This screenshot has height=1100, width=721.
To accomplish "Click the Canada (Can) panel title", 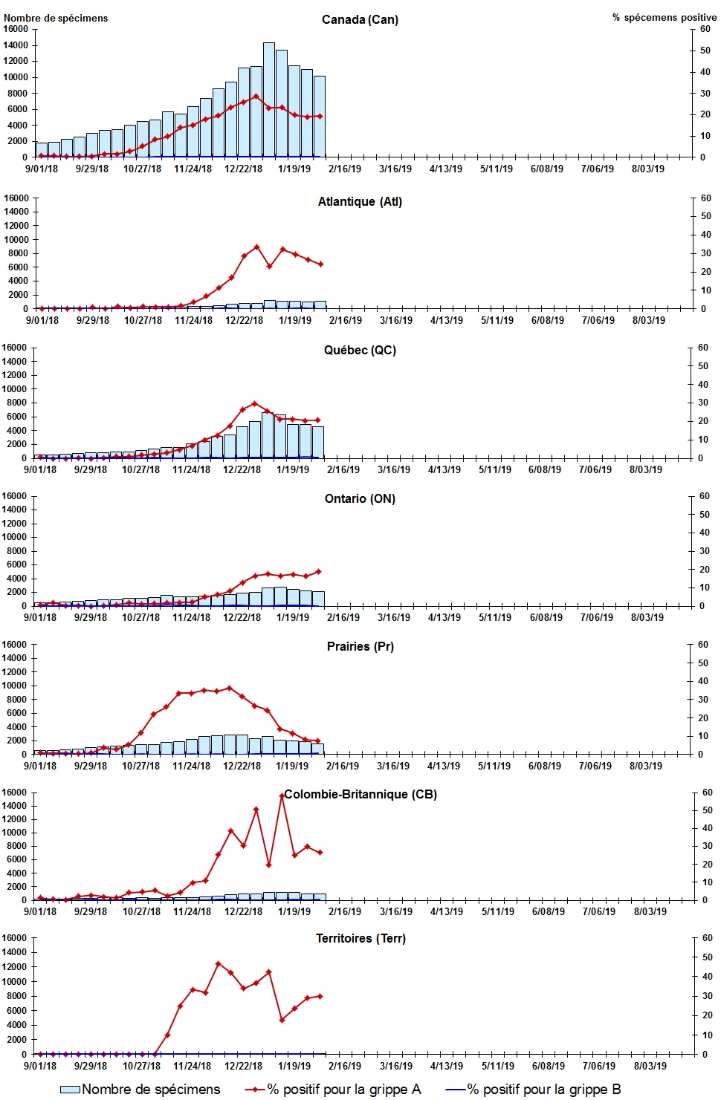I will pos(360,19).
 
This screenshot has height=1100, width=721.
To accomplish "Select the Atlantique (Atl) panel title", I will pos(360,201).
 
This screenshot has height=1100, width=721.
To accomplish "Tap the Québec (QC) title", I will pos(360,350).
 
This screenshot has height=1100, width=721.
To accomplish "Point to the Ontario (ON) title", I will pos(360,498).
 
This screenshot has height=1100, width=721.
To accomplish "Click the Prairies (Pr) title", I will pos(360,646).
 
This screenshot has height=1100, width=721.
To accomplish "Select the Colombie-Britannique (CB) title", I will pos(360,794).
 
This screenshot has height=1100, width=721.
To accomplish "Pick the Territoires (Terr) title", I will pos(360,938).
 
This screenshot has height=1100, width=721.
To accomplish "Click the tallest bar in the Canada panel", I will pos(269,100).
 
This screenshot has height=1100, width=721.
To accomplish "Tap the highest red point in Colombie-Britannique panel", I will pos(282,795).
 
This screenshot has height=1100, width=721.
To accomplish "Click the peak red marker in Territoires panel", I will pos(218,963).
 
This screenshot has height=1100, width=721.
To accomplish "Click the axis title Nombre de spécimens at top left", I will pos(56,18).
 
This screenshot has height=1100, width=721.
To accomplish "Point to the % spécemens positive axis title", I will pos(665,17).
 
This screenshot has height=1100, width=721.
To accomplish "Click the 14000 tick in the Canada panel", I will pos(16,45).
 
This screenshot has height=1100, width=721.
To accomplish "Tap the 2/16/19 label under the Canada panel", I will pos(345,169).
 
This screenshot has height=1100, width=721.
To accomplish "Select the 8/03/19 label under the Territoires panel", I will pos(650,1066).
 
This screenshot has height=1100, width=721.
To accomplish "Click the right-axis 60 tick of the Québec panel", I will pos(702,348).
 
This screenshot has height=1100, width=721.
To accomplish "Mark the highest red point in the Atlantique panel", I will pos(256,247).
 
